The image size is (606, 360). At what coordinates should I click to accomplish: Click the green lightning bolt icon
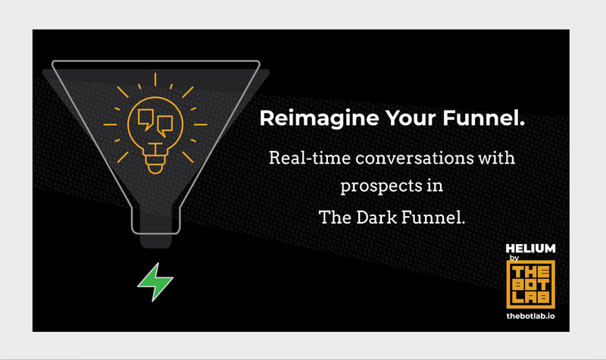click(155, 283)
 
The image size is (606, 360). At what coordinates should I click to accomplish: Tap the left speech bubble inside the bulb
click(145, 117)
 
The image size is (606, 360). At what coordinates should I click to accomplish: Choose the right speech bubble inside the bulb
click(164, 124)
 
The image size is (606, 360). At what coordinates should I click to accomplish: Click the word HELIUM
click(530, 248)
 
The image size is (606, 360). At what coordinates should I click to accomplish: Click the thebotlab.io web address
click(530, 315)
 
